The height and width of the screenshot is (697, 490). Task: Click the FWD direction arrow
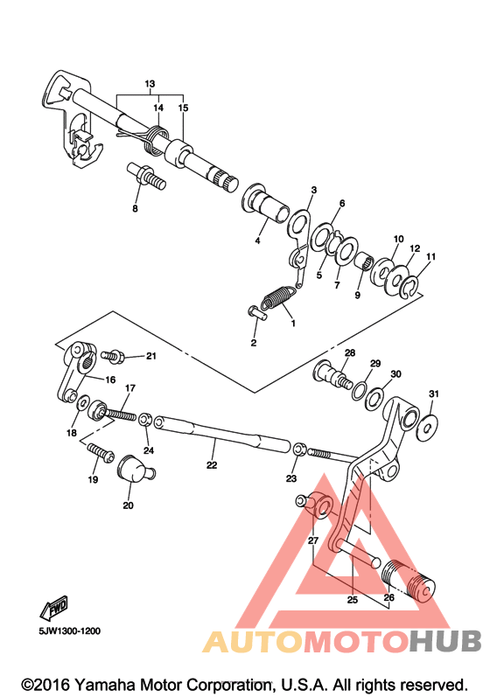tap(53, 607)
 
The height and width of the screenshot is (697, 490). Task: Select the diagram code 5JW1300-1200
tap(70, 631)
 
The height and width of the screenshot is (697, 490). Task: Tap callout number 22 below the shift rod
tap(212, 464)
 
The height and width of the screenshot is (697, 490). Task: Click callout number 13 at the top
tap(150, 84)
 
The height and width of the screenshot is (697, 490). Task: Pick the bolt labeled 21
tap(114, 356)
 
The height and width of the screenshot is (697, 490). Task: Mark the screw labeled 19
tap(101, 452)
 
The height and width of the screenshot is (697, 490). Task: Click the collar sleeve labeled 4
tap(265, 205)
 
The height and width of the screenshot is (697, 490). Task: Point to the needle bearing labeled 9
tap(363, 261)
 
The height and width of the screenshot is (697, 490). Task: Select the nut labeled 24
tap(145, 420)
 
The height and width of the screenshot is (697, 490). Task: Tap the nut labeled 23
tap(300, 449)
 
